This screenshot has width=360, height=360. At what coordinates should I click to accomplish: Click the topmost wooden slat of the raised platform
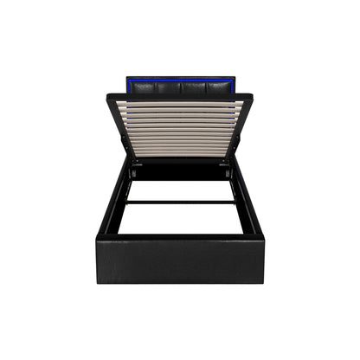point(180,103)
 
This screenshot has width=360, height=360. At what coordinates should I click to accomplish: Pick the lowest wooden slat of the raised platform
point(180,152)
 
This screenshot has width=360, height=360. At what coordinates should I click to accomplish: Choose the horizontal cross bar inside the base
point(180,202)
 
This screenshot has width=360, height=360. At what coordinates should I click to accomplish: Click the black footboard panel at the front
point(180,258)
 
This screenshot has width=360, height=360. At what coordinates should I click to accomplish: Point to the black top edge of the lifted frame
point(180,96)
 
